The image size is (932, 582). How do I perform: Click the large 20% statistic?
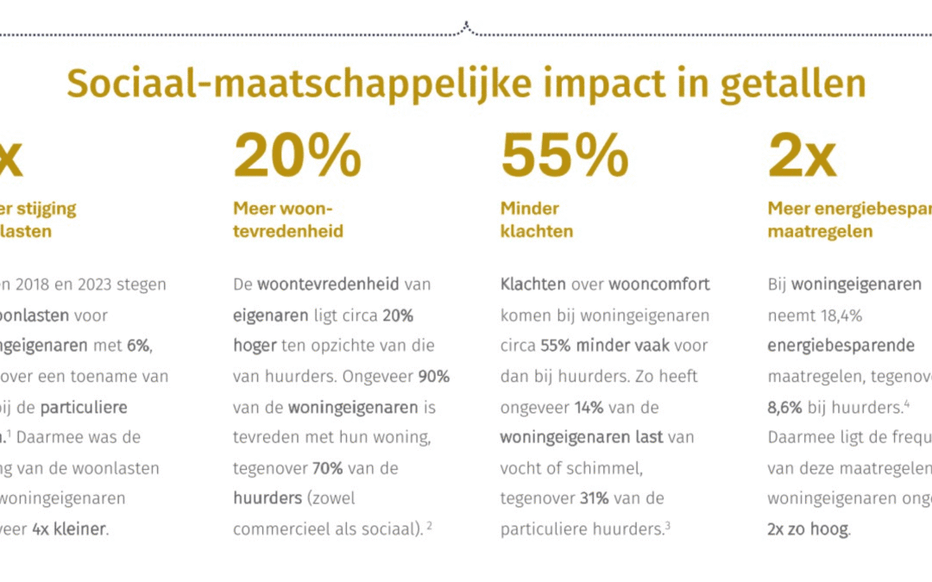(x=297, y=156)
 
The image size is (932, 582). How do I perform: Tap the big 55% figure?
(x=564, y=156)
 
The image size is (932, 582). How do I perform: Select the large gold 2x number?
(x=802, y=156)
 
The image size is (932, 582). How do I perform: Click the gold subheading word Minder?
(x=530, y=209)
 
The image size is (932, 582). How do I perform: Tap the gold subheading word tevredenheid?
(x=288, y=231)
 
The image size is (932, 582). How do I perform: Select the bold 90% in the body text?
(x=434, y=377)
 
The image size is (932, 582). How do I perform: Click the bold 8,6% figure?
(x=785, y=407)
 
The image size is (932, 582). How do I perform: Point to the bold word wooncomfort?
(x=659, y=285)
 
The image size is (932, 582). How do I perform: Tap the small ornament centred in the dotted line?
(x=466, y=29)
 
